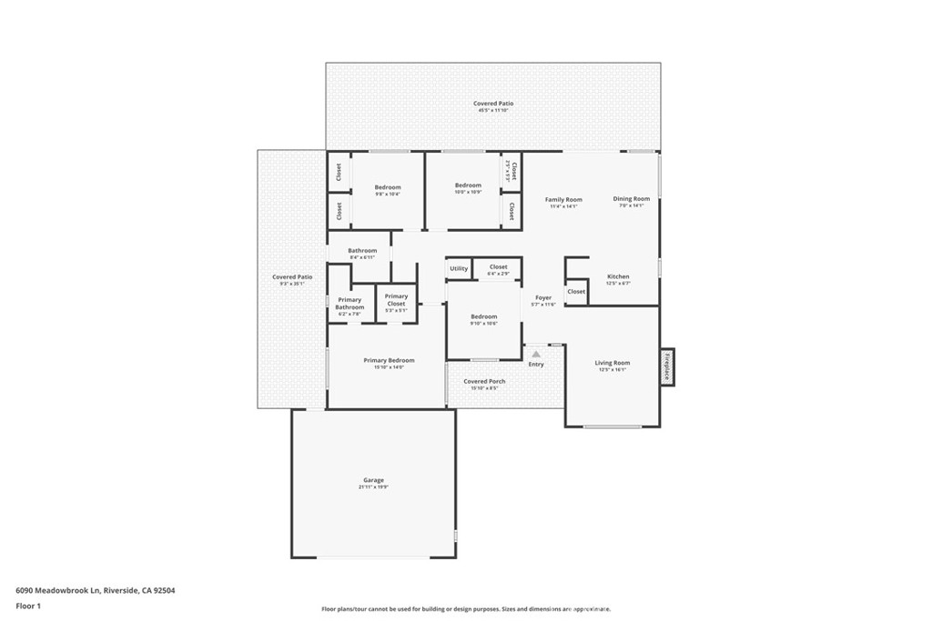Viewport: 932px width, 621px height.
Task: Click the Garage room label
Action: [373, 480]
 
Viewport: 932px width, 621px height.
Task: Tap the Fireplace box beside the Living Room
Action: [667, 366]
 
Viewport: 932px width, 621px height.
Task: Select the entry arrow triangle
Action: [536, 354]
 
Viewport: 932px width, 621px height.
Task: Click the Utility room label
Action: [459, 268]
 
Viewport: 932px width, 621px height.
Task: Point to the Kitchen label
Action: [618, 276]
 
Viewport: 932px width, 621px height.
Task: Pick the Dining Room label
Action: [631, 198]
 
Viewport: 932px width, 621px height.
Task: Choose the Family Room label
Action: [563, 199]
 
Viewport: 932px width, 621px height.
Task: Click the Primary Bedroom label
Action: [389, 361]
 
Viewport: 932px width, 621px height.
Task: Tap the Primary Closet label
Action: [396, 299]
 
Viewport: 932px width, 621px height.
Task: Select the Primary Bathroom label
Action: [349, 303]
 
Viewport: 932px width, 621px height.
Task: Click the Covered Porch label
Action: [484, 381]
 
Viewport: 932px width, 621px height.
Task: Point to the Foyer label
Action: [543, 297]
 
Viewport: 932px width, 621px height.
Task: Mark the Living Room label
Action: [613, 363]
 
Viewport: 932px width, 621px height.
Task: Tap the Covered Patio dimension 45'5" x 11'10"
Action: [492, 111]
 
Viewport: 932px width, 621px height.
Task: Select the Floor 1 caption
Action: [28, 606]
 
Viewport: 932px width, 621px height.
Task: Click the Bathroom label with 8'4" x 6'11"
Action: [361, 250]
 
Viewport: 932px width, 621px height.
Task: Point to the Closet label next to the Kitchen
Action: [576, 292]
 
